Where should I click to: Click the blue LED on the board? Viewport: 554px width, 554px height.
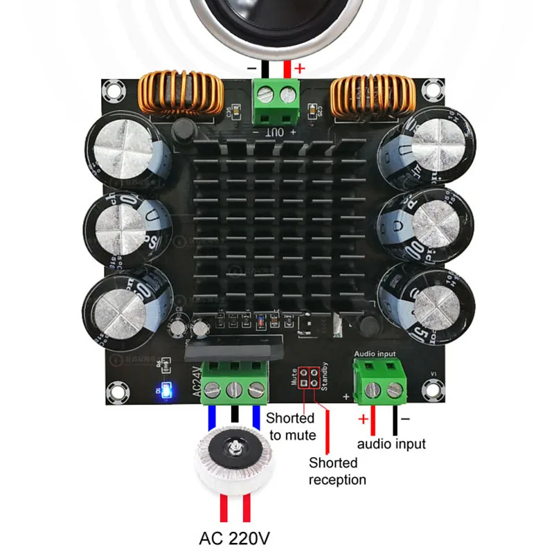[165, 389]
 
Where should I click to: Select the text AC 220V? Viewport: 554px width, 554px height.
[235, 537]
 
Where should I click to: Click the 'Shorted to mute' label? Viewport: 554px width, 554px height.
[290, 427]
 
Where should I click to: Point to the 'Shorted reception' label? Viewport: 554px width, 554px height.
[337, 471]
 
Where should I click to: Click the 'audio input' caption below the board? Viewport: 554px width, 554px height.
[391, 444]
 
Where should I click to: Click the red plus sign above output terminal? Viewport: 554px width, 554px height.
[299, 69]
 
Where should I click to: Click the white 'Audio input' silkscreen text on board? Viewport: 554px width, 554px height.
[375, 354]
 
